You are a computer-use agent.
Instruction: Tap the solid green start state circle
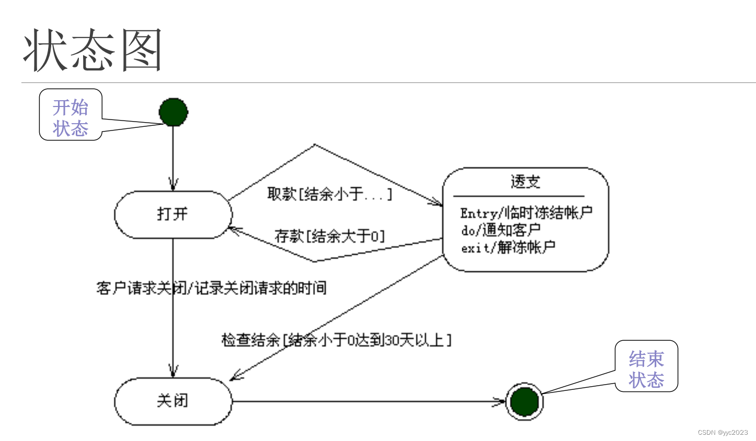pos(173,112)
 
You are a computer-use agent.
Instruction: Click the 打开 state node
pos(173,214)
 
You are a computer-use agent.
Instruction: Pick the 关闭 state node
pos(173,401)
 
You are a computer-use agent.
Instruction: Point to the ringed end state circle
pos(524,401)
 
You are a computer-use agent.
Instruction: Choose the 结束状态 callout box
pos(646,366)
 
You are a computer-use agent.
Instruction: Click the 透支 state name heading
pos(525,182)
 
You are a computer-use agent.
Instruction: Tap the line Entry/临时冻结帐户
pos(526,213)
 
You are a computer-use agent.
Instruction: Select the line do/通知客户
pos(501,230)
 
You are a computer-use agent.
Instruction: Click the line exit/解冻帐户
pos(508,247)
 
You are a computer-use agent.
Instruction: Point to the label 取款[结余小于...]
pos(329,194)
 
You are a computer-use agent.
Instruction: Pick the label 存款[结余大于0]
pos(330,236)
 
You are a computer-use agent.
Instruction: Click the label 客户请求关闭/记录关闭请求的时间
pos(212,288)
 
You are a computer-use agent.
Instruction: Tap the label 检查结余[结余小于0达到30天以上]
pos(336,340)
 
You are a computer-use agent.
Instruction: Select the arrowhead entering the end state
pos(501,401)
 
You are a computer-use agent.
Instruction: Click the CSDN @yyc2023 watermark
pos(723,433)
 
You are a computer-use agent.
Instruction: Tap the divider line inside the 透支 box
pos(518,196)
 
